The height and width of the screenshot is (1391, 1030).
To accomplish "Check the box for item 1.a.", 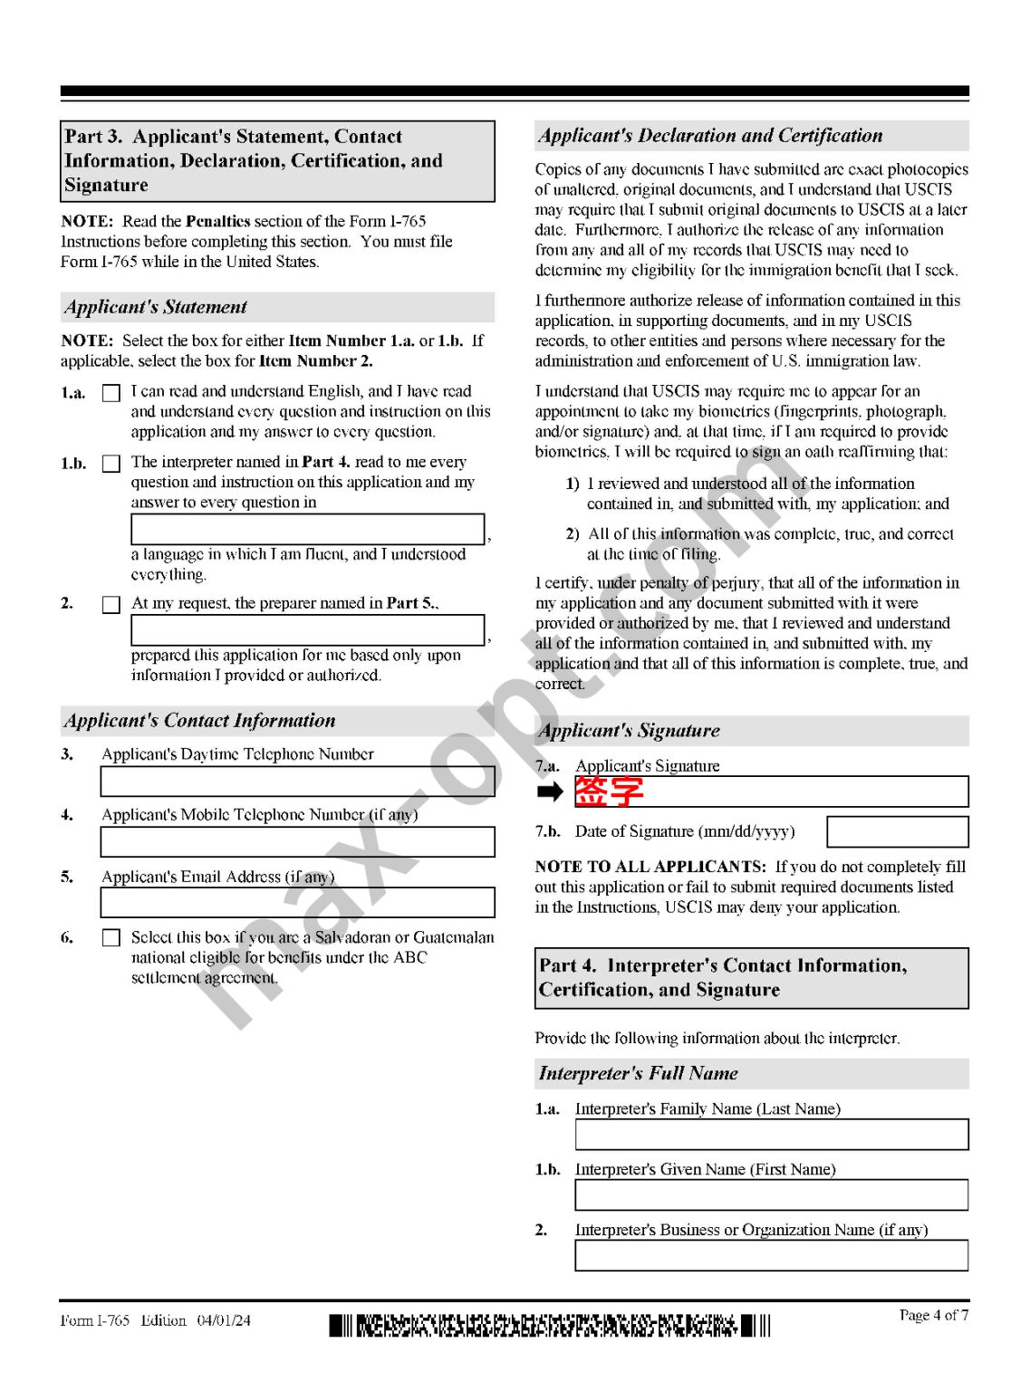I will (111, 393).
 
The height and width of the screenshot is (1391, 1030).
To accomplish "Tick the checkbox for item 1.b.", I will (111, 464).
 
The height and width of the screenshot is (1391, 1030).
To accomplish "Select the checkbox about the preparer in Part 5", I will (111, 604).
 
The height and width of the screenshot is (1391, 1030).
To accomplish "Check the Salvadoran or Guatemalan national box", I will (111, 938).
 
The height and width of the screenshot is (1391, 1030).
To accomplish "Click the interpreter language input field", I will (307, 529).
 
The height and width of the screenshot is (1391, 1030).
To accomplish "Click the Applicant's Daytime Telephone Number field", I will (297, 782).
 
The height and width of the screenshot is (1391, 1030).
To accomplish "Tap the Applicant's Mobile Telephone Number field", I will (297, 842).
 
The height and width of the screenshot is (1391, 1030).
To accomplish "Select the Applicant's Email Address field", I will (297, 903).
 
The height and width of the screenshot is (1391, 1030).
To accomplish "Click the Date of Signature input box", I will (897, 831).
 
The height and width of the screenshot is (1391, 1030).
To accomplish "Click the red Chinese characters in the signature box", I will (609, 791).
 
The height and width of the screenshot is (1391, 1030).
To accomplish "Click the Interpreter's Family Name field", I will (771, 1135).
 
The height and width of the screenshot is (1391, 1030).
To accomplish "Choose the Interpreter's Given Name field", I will (771, 1195).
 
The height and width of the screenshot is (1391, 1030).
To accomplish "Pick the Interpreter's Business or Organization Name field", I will (771, 1256).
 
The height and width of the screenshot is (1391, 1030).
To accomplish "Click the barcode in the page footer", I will (549, 1326).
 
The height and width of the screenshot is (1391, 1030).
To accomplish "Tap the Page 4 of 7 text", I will (933, 1315).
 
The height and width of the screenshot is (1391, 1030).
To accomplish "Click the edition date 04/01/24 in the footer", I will (224, 1320).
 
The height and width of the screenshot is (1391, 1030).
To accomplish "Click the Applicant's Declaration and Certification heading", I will (710, 136).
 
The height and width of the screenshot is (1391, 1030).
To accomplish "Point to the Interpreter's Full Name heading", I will (638, 1074).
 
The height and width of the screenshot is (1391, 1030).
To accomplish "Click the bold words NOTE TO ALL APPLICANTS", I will (650, 867).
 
